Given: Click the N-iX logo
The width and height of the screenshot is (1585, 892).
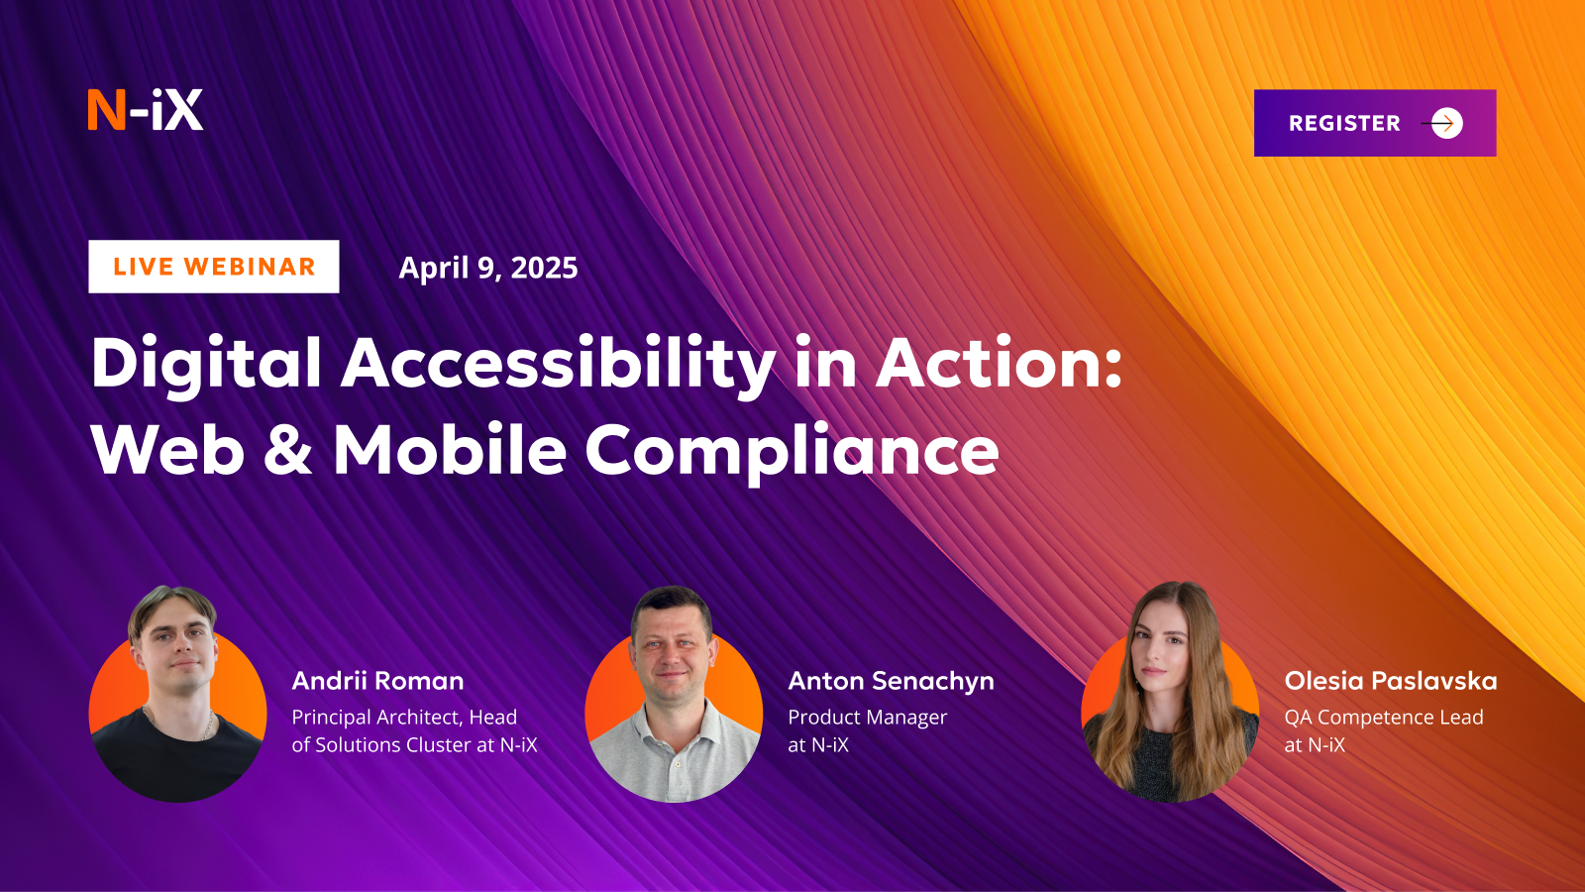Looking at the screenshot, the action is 145,110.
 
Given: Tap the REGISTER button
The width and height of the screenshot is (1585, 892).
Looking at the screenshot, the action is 1375,123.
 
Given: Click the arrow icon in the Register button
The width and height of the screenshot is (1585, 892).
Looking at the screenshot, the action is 1442,123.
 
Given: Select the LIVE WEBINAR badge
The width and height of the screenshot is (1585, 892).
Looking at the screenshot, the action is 214,267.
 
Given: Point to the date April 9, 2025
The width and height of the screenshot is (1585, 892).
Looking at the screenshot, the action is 488,268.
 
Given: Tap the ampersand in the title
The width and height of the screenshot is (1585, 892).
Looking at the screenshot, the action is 288,449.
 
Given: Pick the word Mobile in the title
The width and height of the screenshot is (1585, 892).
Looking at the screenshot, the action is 450,449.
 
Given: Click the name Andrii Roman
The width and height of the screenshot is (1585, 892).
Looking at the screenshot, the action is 377,680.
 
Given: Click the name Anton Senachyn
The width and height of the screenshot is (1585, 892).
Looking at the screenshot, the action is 891,681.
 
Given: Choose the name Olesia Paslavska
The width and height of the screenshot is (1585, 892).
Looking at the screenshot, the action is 1391,680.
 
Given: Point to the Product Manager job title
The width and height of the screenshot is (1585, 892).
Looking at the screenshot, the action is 868,718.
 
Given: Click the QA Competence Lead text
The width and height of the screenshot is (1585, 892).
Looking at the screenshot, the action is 1383,718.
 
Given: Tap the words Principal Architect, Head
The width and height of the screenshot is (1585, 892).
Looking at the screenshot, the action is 404,718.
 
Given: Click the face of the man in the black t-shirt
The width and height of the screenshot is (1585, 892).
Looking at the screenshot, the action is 175,649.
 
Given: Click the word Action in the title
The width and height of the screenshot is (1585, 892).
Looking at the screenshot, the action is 999,363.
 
